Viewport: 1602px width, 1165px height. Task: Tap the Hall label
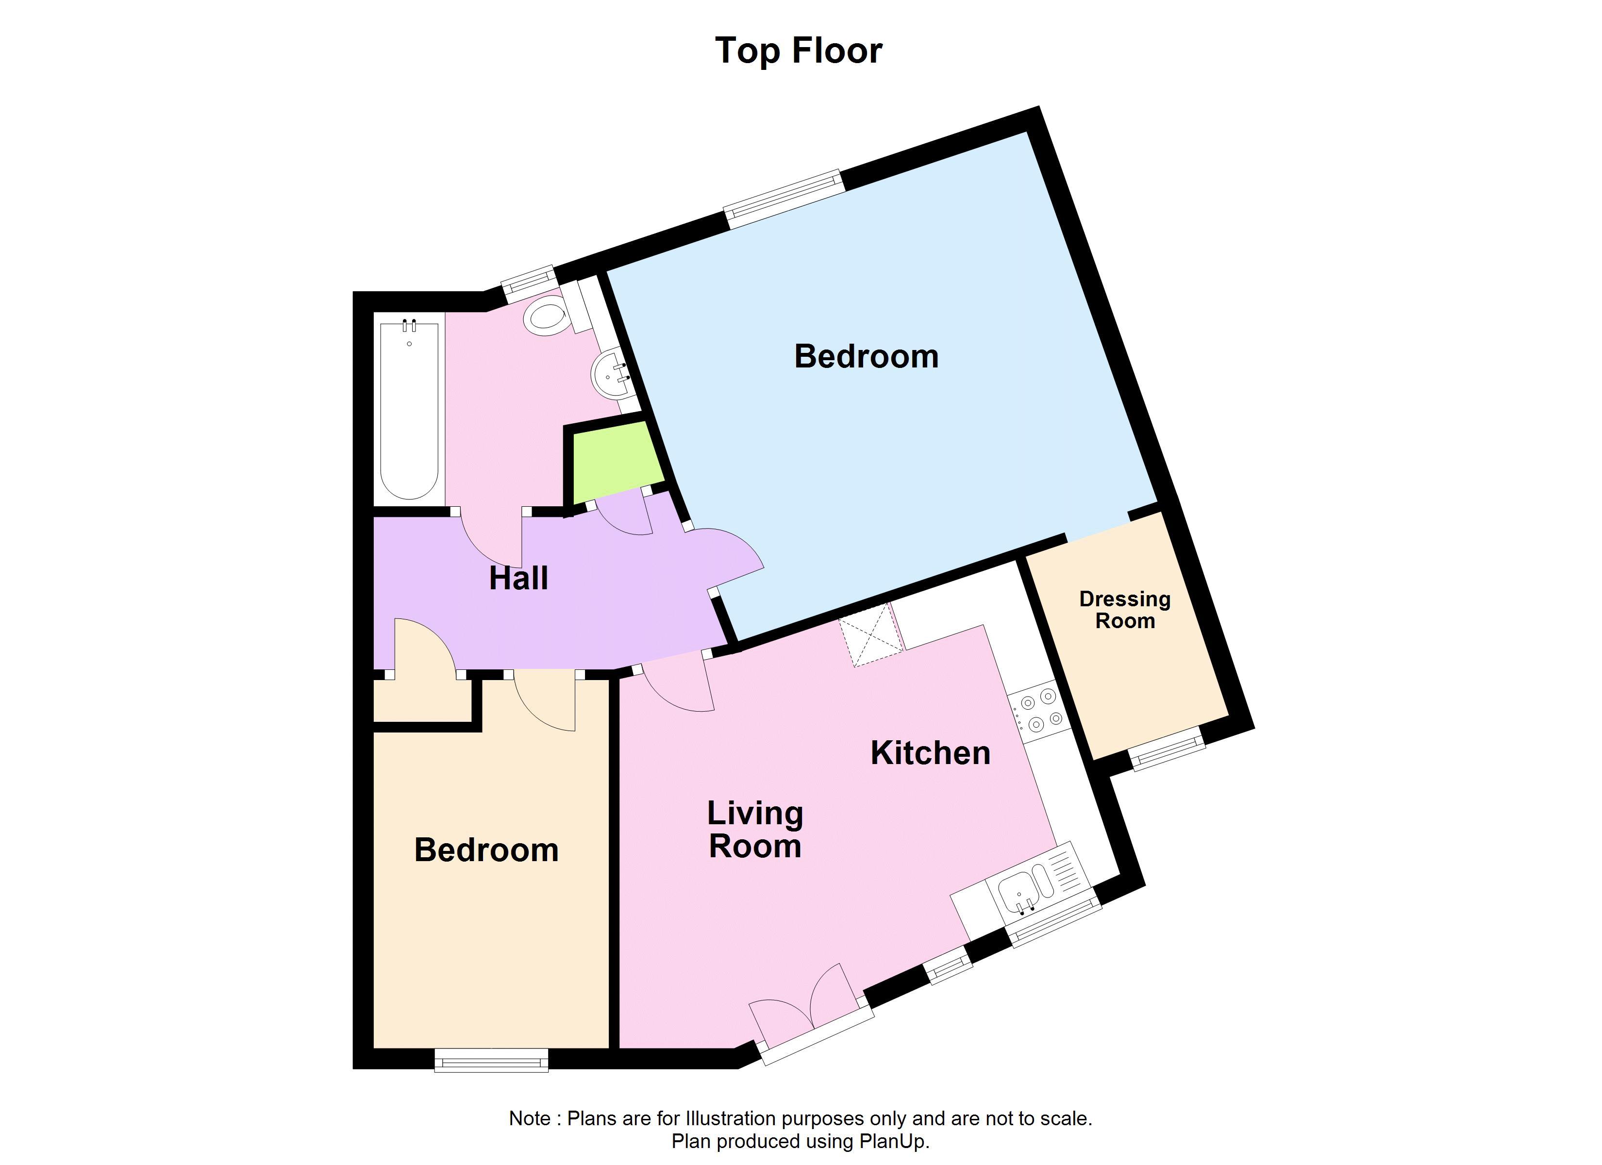518,579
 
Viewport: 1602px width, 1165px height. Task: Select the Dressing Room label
1124,610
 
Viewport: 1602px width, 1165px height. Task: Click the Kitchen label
930,753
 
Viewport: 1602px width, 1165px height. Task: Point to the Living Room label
755,830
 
